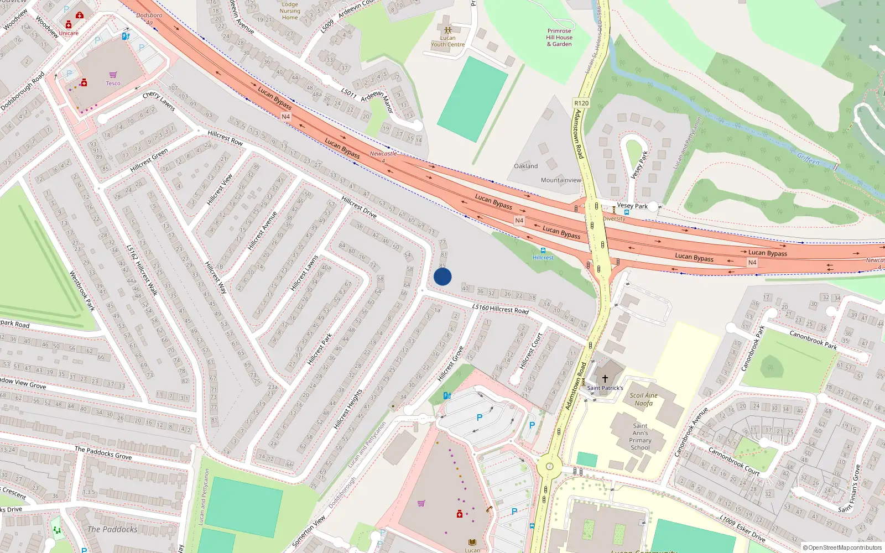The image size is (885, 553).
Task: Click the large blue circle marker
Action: coord(442,276)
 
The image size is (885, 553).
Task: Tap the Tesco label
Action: coord(113,84)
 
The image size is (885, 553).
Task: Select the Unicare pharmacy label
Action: coord(69,33)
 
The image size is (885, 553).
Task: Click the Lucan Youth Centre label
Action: coord(448,41)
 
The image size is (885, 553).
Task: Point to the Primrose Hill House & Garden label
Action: coord(559,38)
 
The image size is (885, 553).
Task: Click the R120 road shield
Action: coord(581,103)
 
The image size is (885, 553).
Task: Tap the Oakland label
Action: coord(525,166)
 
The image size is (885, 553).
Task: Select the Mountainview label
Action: coord(561,180)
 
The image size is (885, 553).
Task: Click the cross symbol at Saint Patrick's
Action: coord(605,379)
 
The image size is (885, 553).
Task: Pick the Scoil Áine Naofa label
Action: coord(643,399)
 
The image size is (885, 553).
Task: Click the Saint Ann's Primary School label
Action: coord(640,437)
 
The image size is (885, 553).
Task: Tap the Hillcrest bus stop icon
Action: coord(543,251)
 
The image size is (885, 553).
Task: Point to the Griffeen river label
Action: coord(808,159)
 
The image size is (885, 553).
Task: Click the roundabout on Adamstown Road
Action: coord(549,466)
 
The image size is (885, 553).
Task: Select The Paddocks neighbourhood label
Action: coord(112,529)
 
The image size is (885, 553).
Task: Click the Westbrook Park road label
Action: coord(82,290)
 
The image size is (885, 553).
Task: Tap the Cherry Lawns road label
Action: coord(159,102)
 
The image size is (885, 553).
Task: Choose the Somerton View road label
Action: coord(309,531)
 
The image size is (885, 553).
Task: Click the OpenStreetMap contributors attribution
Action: coord(842,548)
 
